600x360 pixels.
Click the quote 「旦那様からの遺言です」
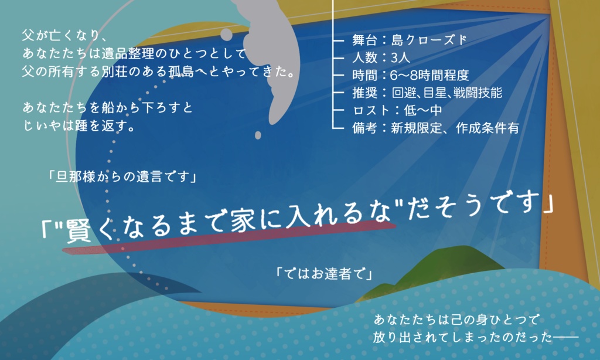point(122,176)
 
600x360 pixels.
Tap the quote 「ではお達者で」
point(323,273)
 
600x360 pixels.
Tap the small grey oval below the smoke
point(258,135)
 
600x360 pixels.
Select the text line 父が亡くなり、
point(65,35)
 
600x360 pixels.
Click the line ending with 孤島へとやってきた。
point(158,72)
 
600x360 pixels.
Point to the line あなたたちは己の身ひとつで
point(455,320)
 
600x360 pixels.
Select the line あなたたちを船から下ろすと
point(107,108)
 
